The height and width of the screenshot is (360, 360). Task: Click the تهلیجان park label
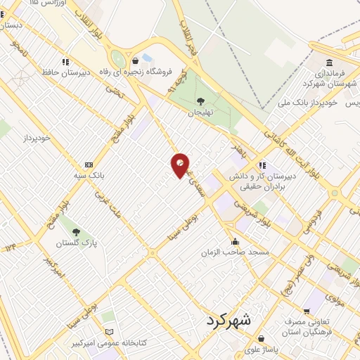click(200, 112)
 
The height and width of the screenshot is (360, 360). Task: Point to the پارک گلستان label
click(77, 243)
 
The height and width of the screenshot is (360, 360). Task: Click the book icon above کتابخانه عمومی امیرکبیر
click(108, 332)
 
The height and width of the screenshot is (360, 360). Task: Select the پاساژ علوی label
click(262, 349)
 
